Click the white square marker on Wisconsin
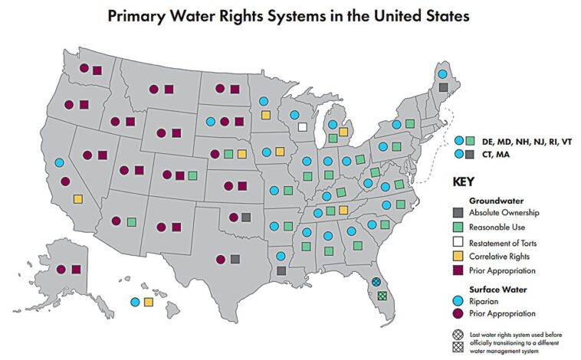(x=302, y=127)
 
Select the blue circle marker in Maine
(x=442, y=74)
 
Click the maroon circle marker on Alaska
(x=61, y=269)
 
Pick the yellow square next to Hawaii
(x=148, y=302)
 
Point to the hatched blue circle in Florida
(x=376, y=282)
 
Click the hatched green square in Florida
(x=382, y=296)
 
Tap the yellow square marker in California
(x=78, y=199)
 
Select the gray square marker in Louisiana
(x=281, y=270)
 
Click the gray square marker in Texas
(x=235, y=260)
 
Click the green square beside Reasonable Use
(x=459, y=227)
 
